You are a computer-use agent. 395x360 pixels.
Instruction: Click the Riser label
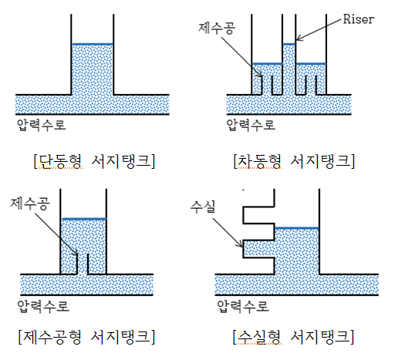point(359,19)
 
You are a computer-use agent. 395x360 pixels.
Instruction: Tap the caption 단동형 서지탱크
point(94,161)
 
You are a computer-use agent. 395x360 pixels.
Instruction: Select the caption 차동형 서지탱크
point(294,161)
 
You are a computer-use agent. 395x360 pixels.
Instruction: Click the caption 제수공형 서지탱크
point(87,337)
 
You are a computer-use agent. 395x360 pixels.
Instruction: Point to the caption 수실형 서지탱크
point(294,337)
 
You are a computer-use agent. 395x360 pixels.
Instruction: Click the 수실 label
point(203,207)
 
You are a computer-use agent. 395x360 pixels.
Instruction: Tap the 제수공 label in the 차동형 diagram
point(217,29)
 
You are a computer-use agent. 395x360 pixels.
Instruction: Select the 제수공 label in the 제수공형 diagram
point(30,204)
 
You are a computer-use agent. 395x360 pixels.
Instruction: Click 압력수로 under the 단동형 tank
point(41,125)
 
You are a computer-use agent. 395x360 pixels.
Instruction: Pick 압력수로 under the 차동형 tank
point(251,125)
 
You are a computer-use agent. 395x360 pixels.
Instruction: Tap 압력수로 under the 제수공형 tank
point(43,306)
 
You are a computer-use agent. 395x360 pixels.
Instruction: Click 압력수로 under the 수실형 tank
point(243,306)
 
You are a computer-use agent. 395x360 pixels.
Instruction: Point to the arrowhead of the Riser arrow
point(297,40)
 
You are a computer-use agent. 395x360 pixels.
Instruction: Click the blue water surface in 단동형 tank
point(93,44)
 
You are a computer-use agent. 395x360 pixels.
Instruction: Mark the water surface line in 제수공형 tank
point(84,219)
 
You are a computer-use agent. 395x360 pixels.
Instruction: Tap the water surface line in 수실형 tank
point(297,228)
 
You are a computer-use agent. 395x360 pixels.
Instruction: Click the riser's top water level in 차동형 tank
point(289,44)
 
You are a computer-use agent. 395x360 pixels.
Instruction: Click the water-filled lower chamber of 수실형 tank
point(258,249)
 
